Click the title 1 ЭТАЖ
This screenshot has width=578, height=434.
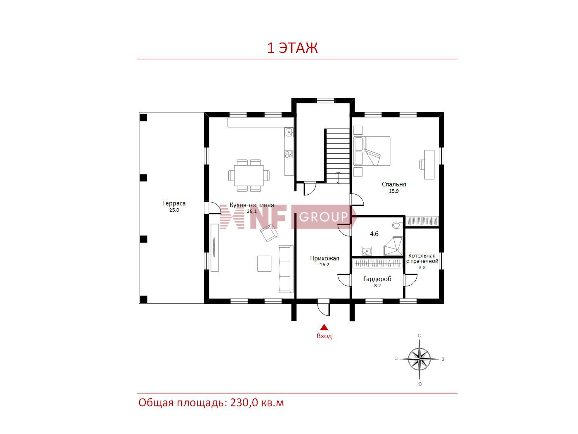292,48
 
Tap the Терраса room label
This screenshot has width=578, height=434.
174,203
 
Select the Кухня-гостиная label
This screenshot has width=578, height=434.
251,205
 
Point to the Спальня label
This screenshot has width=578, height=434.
394,184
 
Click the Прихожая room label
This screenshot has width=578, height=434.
325,258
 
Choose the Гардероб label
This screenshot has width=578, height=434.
377,279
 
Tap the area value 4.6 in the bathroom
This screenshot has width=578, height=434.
374,234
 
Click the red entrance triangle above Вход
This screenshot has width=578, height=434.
324,327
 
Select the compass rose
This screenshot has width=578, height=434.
419,358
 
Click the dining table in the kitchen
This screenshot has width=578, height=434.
249,175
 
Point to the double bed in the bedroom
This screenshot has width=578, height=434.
372,151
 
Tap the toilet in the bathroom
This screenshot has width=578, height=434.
397,225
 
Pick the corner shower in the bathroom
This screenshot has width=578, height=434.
393,246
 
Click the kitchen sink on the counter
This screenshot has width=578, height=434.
289,132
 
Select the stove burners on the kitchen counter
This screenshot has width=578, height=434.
289,154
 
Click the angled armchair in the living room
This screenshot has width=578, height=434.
269,233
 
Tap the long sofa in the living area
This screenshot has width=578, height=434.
286,269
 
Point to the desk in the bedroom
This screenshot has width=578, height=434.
429,165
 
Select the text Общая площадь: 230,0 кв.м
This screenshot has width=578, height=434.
211,403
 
